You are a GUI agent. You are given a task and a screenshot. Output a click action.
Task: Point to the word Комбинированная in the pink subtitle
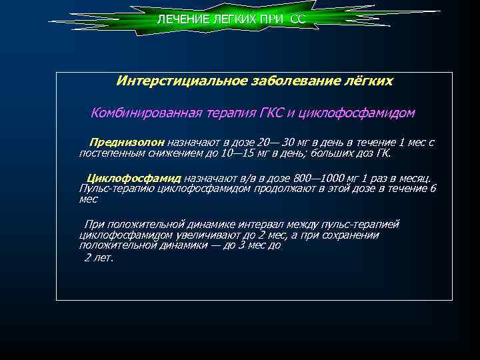(x=137, y=113)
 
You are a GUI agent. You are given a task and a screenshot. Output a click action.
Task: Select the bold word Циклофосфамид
(x=134, y=179)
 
